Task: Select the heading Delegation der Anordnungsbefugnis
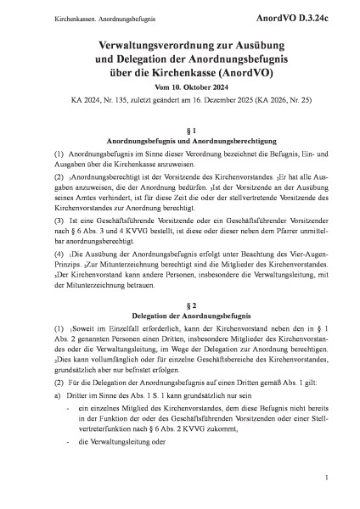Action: tap(180, 294)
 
